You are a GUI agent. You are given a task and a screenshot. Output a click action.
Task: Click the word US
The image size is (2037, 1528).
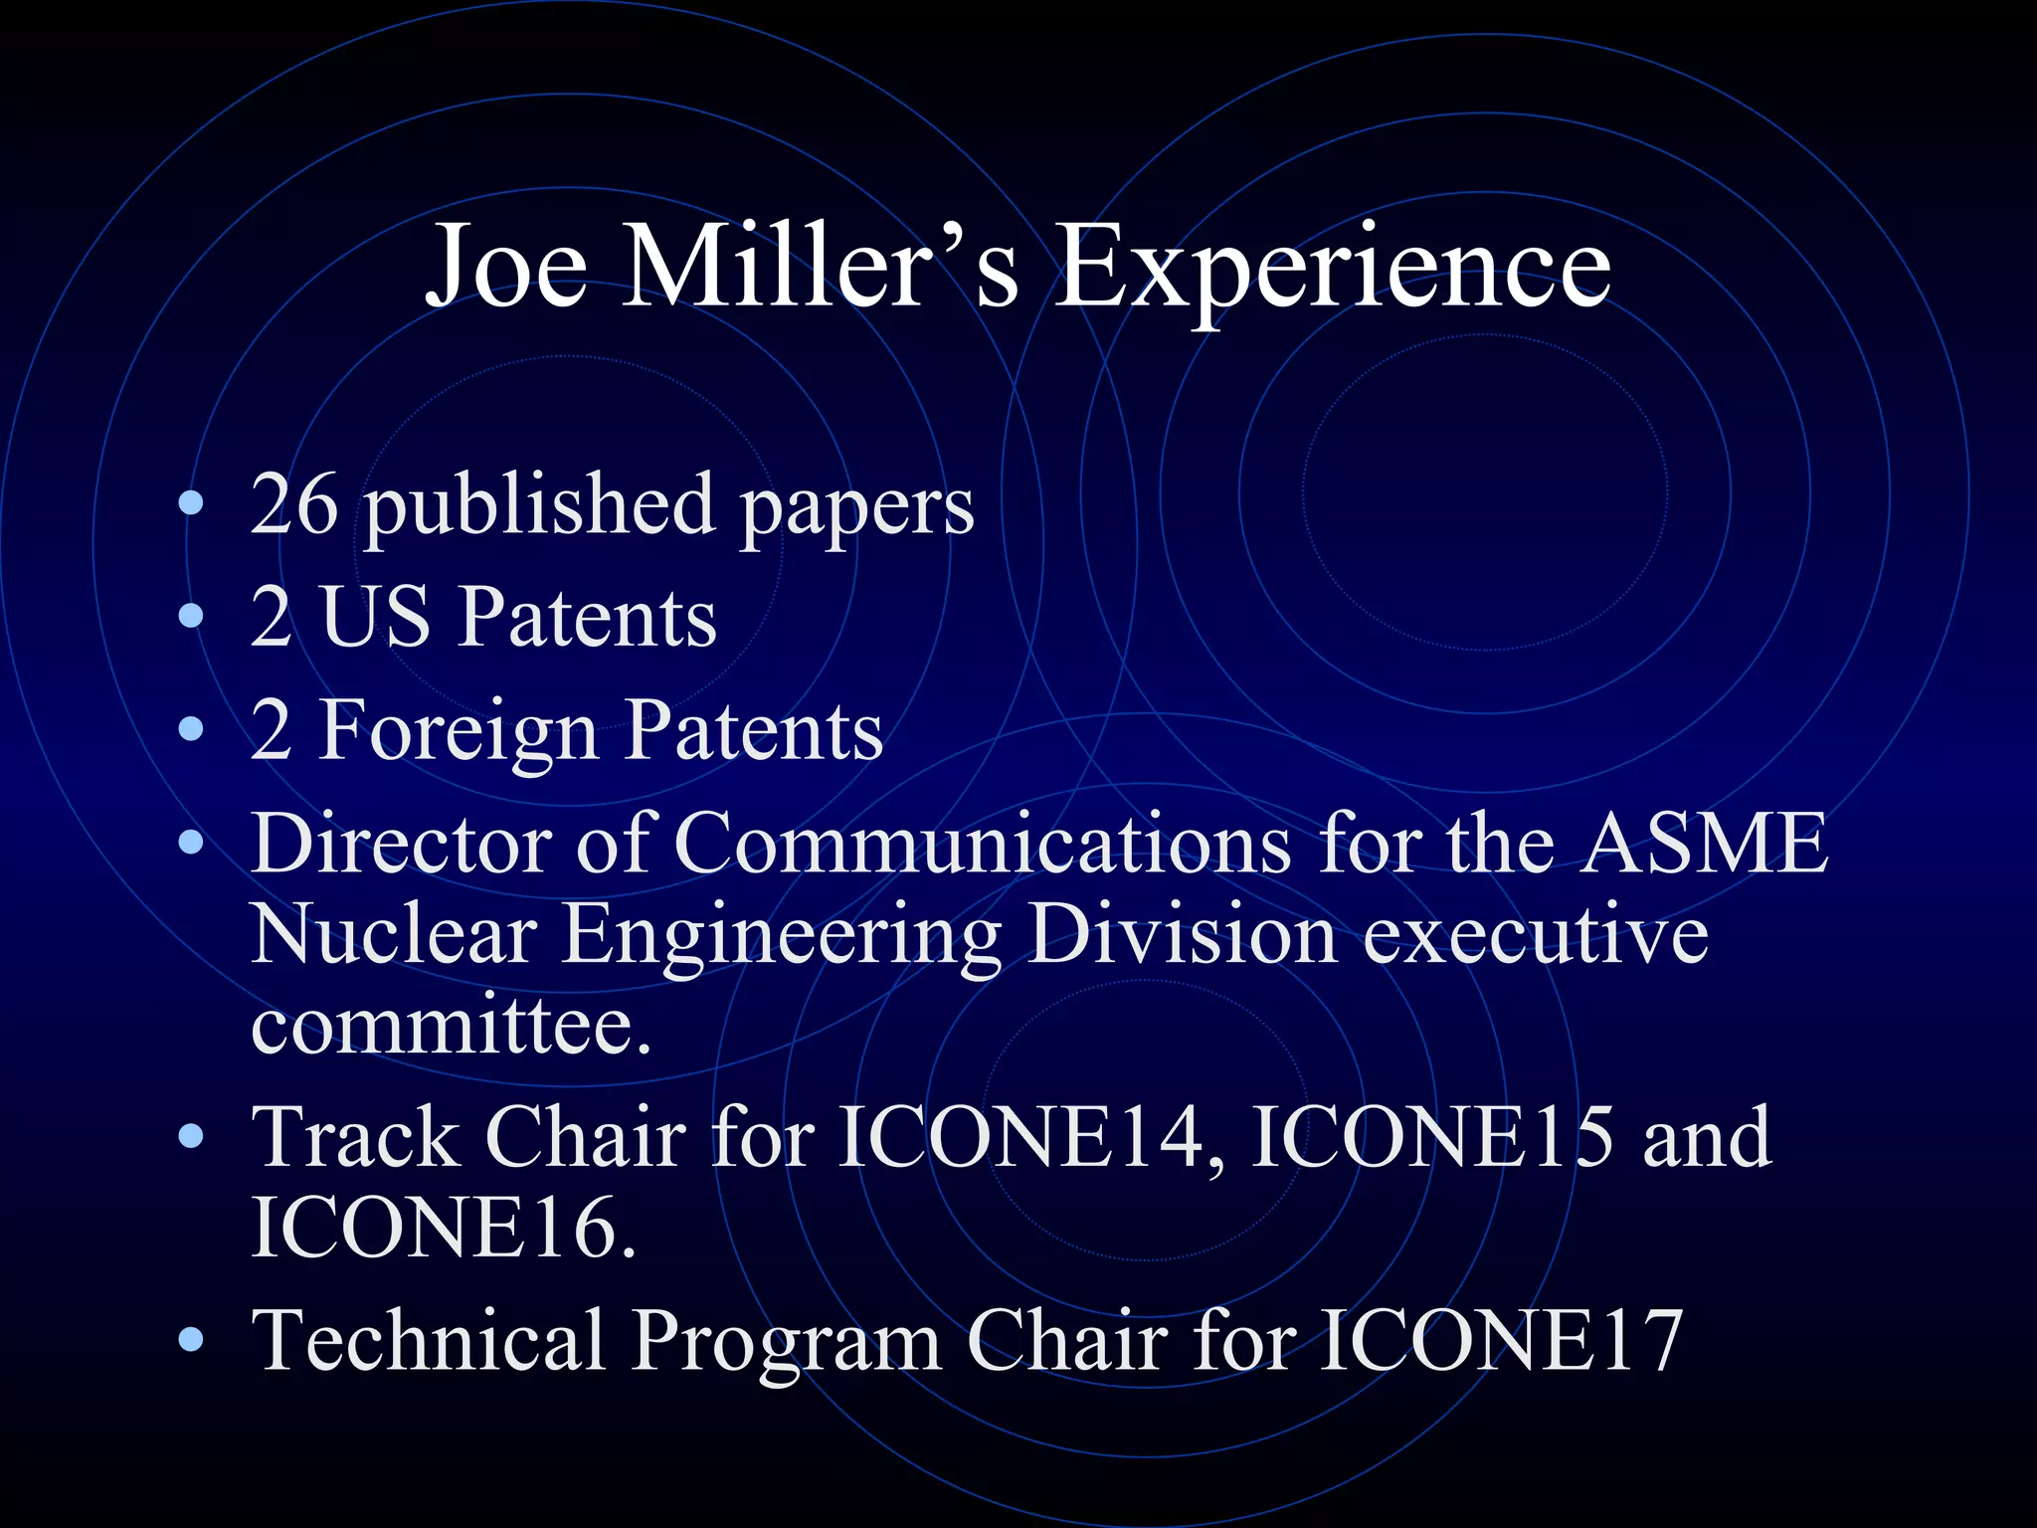pyautogui.click(x=375, y=617)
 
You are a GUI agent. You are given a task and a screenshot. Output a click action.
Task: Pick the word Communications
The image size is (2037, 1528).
pyautogui.click(x=983, y=844)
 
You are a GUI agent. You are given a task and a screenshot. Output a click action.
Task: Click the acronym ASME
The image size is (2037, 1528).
pyautogui.click(x=1705, y=844)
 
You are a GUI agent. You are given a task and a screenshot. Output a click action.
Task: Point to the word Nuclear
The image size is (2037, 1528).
pyautogui.click(x=394, y=935)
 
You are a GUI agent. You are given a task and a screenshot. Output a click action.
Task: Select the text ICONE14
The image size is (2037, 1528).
pyautogui.click(x=1020, y=1136)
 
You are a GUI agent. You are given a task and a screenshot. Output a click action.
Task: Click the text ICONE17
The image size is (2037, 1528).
pyautogui.click(x=1502, y=1340)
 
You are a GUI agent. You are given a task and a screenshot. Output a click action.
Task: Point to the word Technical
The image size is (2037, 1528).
pyautogui.click(x=429, y=1340)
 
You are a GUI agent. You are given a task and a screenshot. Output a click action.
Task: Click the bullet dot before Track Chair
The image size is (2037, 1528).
pyautogui.click(x=191, y=1136)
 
